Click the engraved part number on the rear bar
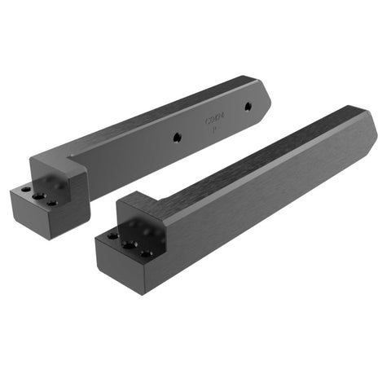213,121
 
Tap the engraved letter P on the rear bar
213,130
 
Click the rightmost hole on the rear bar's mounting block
52,201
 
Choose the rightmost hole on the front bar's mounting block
145,253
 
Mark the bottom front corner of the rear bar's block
48,239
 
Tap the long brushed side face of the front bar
269,204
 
